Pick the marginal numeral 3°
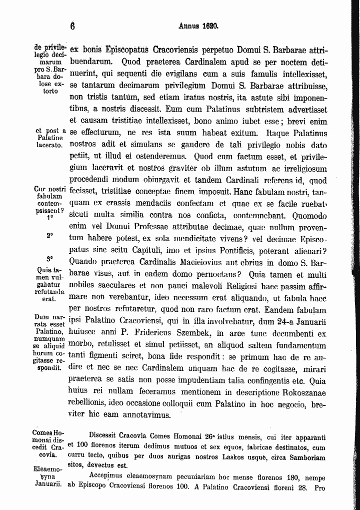pyautogui.click(x=49, y=259)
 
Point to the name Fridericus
pyautogui.click(x=176, y=332)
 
